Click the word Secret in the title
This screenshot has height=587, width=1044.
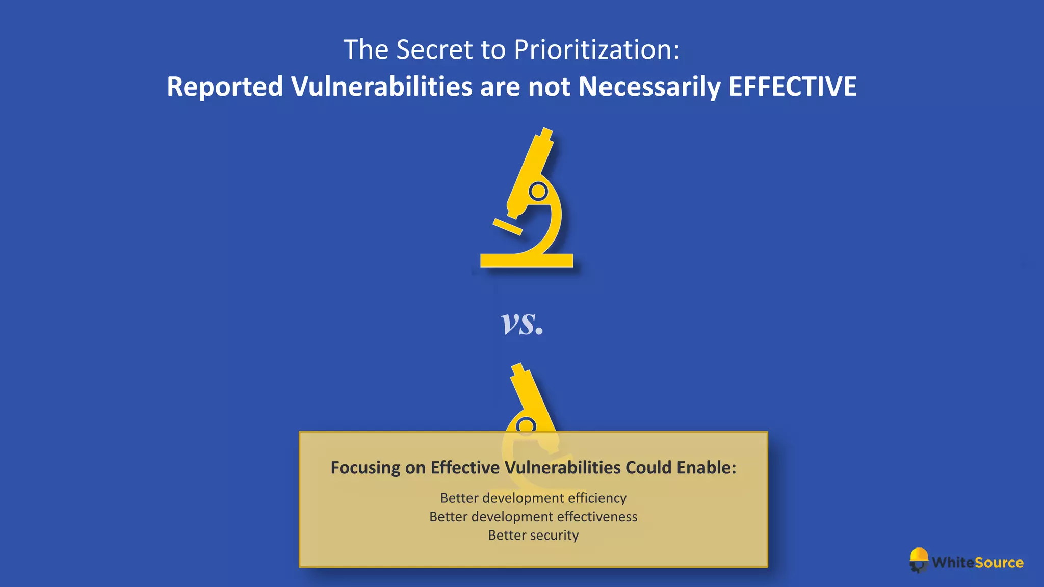point(434,50)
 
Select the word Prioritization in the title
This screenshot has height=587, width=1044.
point(596,50)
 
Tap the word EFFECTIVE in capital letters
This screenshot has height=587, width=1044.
point(792,87)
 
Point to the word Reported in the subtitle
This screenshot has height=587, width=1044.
point(224,87)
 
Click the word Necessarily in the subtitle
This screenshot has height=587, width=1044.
point(649,87)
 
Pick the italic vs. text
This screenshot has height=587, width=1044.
point(522,323)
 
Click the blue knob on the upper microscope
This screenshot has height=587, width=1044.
point(538,192)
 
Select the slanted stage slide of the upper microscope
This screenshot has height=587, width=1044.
point(507,227)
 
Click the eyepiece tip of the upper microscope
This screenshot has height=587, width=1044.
point(546,134)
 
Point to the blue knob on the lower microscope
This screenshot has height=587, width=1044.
point(526,425)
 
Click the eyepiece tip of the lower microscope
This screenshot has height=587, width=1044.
point(518,368)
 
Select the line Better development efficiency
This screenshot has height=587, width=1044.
point(533,498)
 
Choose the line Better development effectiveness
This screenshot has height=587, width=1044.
point(533,517)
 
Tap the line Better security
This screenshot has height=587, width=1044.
point(533,535)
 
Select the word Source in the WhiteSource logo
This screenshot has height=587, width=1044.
point(999,563)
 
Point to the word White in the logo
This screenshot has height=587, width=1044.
point(953,563)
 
